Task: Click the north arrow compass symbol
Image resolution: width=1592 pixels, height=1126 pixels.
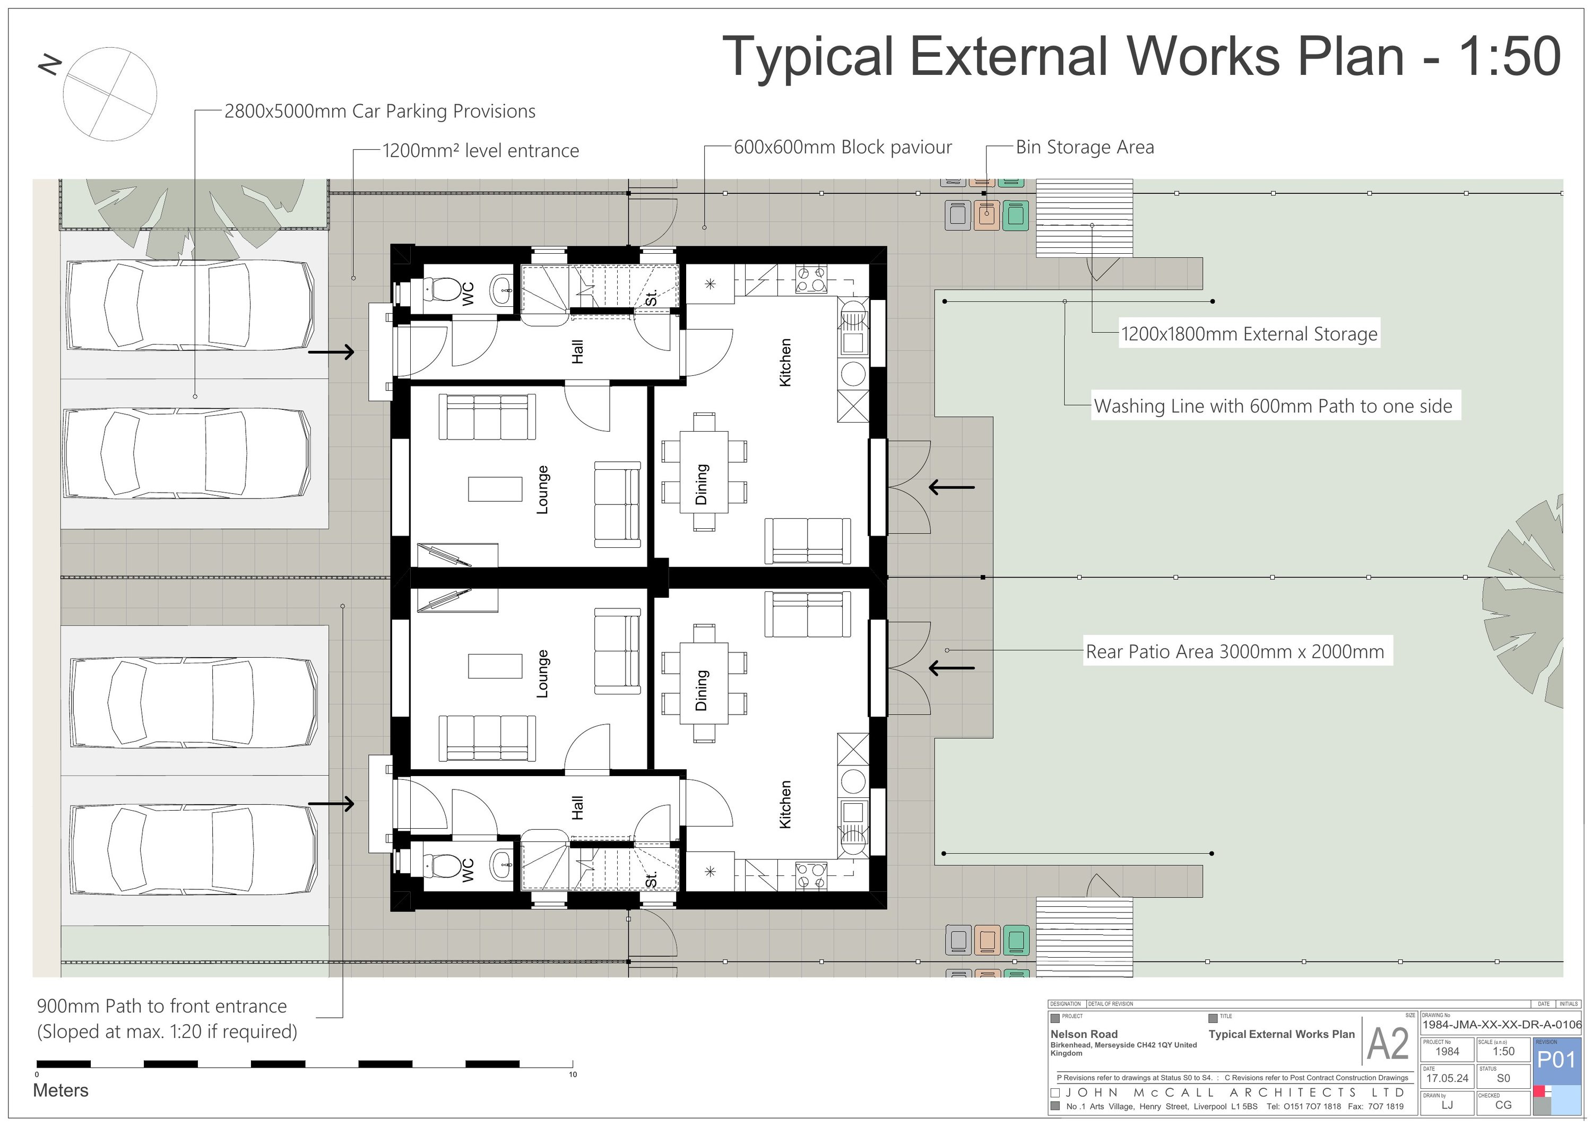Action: [109, 93]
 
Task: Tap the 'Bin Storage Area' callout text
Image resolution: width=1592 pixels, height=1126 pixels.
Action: [1085, 147]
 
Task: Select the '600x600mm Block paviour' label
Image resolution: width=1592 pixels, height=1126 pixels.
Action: [843, 147]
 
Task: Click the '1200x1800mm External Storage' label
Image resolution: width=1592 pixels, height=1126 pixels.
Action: [1249, 334]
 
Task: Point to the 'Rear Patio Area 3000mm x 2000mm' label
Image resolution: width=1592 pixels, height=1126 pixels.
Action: [1234, 651]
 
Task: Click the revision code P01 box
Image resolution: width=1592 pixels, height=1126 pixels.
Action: [1556, 1060]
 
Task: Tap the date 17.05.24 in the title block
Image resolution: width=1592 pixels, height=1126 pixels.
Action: [1447, 1078]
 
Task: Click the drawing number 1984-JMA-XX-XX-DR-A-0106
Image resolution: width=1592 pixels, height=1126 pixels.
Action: [1502, 1025]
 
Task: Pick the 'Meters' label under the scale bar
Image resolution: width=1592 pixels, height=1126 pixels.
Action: [61, 1090]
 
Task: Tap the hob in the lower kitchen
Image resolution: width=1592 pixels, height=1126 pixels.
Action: [810, 875]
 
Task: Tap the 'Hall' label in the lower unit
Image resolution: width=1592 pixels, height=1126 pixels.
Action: [577, 807]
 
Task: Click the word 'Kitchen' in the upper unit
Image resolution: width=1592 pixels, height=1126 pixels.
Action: [785, 362]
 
